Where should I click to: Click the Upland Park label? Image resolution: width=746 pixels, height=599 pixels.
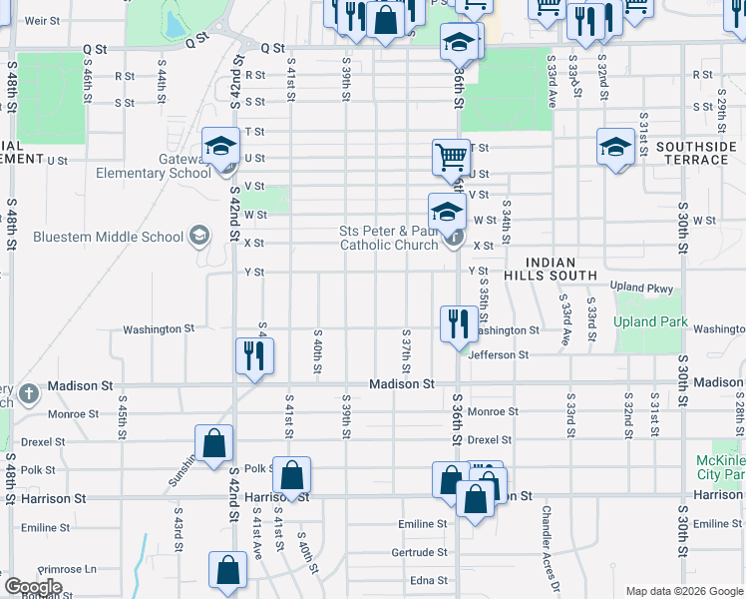point(649,321)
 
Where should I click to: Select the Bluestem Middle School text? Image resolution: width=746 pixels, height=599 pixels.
point(108,237)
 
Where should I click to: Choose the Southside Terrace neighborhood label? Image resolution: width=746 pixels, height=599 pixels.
point(696,153)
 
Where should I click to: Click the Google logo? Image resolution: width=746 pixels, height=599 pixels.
point(32,587)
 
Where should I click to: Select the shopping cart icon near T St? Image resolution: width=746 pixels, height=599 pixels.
point(451,157)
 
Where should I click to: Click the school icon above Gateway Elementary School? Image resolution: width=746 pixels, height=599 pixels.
point(219,147)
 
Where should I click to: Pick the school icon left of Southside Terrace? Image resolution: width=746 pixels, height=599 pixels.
point(616,148)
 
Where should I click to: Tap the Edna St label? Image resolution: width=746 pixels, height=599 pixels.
point(429,579)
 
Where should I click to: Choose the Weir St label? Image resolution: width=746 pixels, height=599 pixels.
point(41,20)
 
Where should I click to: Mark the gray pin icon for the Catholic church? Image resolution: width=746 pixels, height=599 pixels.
point(454,238)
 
